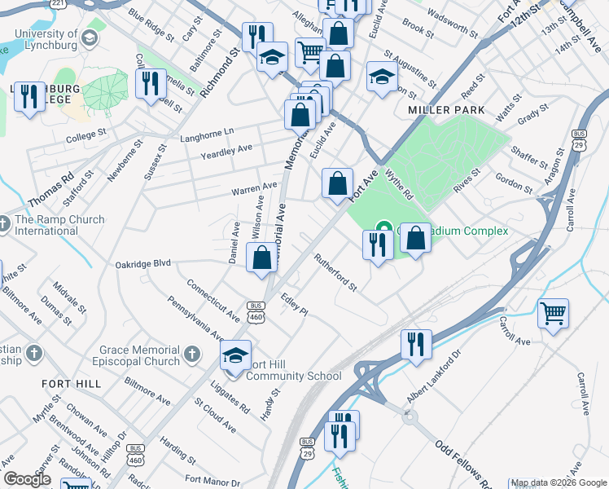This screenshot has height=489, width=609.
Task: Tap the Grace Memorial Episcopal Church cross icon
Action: click(x=191, y=354)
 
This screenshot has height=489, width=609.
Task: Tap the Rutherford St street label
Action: click(x=335, y=272)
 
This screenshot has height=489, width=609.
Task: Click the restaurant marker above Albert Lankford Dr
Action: click(x=415, y=344)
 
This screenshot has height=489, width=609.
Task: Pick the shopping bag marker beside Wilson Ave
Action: click(x=261, y=259)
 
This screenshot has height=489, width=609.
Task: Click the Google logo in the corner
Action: click(x=27, y=479)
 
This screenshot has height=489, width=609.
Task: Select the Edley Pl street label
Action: click(x=294, y=305)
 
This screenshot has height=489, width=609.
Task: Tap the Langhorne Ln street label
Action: click(x=206, y=131)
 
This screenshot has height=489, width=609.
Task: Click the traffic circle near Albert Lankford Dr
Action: click(x=410, y=416)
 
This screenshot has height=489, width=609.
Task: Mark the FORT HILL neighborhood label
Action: click(x=72, y=383)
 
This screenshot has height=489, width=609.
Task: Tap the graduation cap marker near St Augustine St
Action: click(x=380, y=77)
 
